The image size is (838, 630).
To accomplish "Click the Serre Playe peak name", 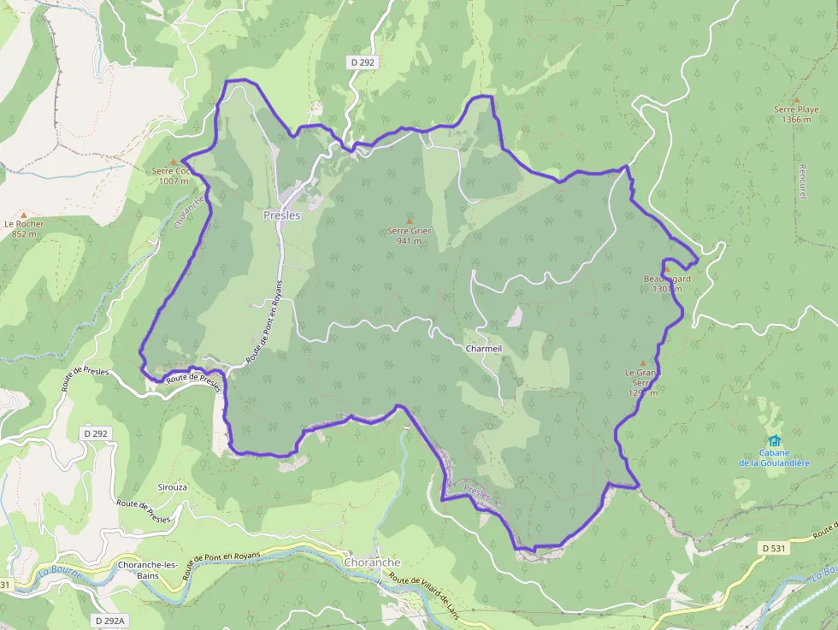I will click(796, 109).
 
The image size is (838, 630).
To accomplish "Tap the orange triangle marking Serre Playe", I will click(797, 99).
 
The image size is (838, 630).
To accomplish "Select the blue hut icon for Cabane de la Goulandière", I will click(775, 441).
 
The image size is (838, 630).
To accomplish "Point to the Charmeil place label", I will click(484, 350).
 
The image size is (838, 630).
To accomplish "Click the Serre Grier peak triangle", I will click(409, 221).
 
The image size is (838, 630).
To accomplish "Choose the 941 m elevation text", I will click(409, 241).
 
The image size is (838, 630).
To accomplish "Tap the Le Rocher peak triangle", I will click(24, 215).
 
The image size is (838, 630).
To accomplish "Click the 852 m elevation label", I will click(24, 234).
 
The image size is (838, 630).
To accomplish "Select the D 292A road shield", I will click(109, 621).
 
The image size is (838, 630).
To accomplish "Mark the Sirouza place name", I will click(172, 486).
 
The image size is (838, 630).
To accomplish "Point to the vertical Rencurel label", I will click(804, 182).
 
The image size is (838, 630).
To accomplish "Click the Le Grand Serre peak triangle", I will click(643, 362).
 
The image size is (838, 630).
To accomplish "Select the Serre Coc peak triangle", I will click(174, 161).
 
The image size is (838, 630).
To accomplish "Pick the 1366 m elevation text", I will click(796, 120).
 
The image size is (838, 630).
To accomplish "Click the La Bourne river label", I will click(60, 572).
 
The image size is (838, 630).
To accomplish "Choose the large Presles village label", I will click(281, 215).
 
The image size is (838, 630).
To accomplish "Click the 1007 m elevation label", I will click(174, 181).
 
